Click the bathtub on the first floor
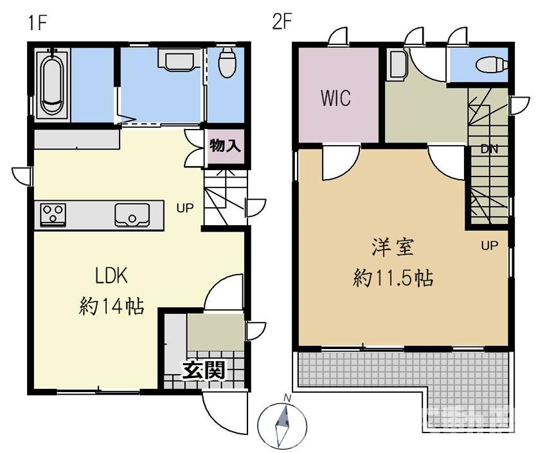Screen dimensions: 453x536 pyautogui.click(x=53, y=82)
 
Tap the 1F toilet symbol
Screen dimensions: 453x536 pyautogui.click(x=226, y=62)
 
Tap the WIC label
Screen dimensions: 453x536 pyautogui.click(x=335, y=99)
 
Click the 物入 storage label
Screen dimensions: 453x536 pyautogui.click(x=225, y=146)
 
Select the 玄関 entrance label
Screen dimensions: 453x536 pyautogui.click(x=202, y=370)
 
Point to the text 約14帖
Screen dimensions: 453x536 pyautogui.click(x=111, y=306)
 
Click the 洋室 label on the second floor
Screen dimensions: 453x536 pyautogui.click(x=391, y=246)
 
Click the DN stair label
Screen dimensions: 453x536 pyautogui.click(x=490, y=149)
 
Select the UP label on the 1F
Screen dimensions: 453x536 pyautogui.click(x=186, y=207)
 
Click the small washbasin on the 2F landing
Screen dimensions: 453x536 pyautogui.click(x=397, y=65)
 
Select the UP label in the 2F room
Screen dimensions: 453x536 pyautogui.click(x=490, y=245)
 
